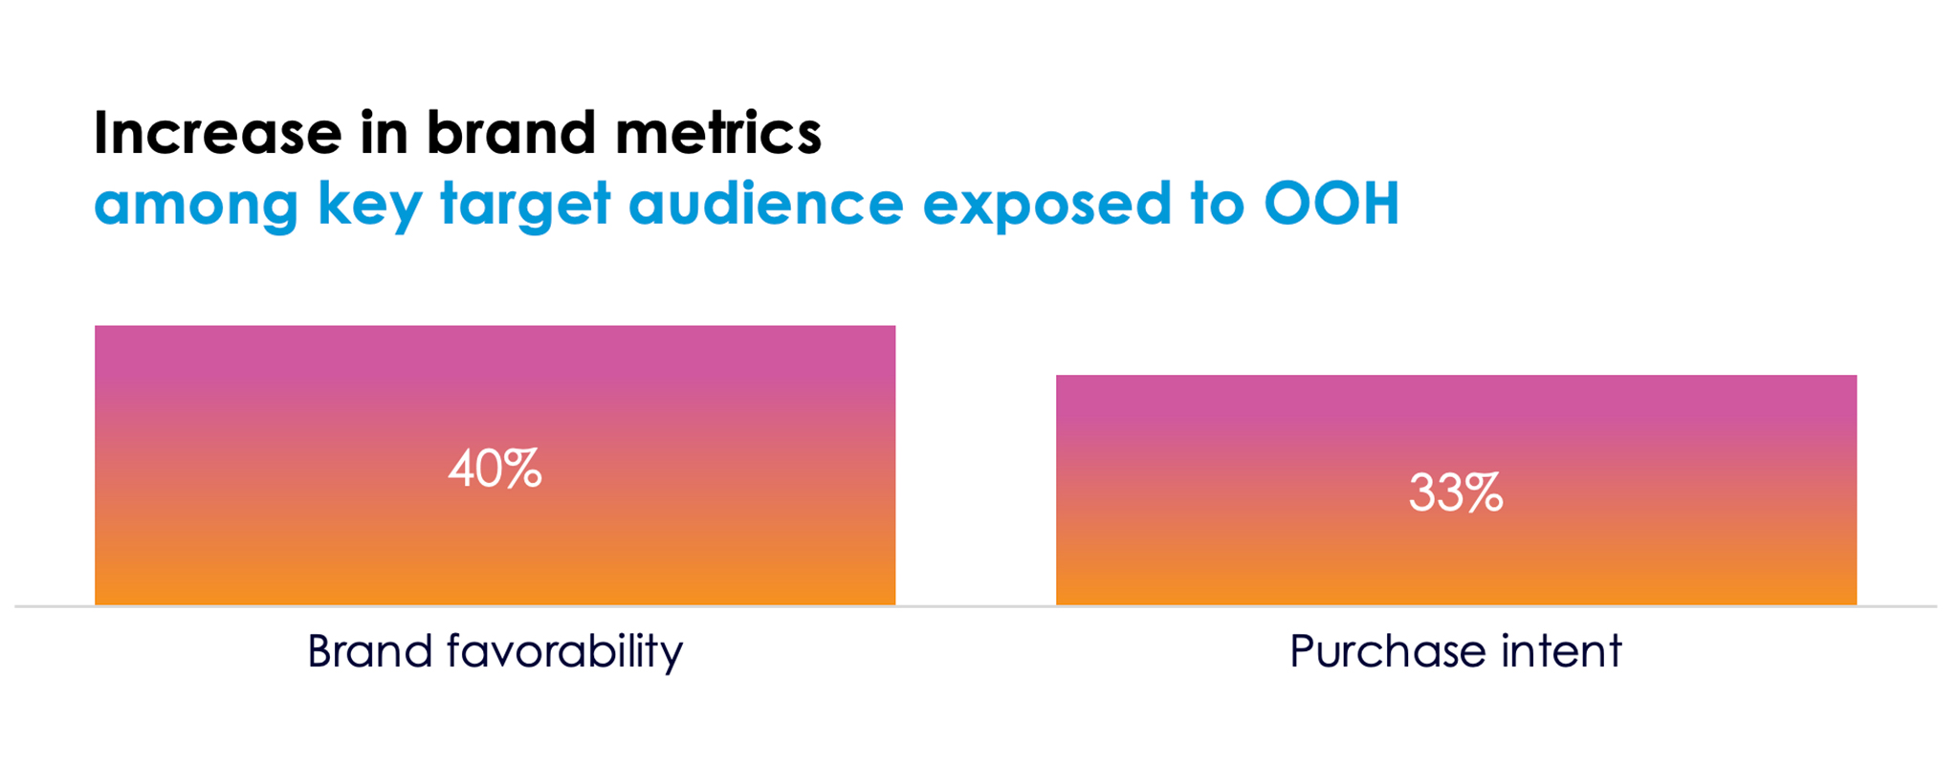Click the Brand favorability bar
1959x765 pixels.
click(495, 466)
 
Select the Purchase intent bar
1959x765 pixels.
click(1456, 491)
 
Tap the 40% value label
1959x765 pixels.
click(495, 470)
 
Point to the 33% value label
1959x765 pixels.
click(1456, 493)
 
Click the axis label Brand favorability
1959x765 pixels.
click(495, 652)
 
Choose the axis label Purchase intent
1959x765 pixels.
click(1456, 652)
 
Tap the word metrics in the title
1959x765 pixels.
click(718, 133)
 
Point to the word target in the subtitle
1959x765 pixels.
click(525, 206)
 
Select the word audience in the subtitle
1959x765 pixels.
click(766, 204)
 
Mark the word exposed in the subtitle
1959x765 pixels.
click(1047, 206)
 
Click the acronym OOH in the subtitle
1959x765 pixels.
click(1332, 203)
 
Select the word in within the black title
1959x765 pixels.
click(384, 133)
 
